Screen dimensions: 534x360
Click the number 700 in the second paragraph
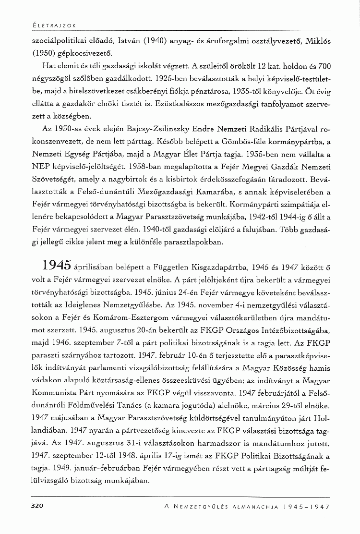click(324, 65)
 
